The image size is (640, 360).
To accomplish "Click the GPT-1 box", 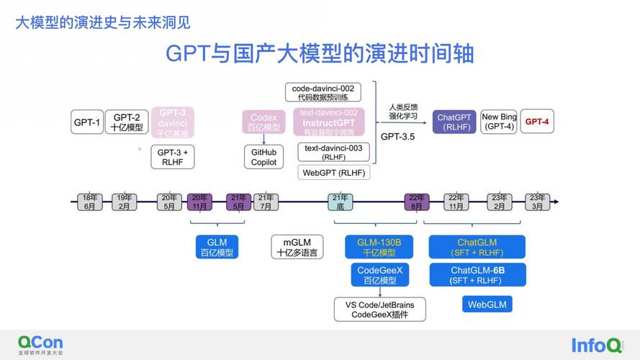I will tap(87, 122).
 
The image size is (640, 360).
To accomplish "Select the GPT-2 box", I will tap(125, 122).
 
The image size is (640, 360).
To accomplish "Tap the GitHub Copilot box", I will tap(263, 157).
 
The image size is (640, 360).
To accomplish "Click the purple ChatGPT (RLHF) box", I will tap(454, 122).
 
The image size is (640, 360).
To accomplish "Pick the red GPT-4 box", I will tap(536, 122).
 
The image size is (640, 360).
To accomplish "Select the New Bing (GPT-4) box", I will tap(499, 122).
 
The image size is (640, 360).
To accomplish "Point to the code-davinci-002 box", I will tap(323, 92).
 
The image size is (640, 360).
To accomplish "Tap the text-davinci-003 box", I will tap(333, 152).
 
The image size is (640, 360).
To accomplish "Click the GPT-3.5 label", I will tap(397, 136).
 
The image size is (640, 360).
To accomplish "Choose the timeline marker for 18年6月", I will tap(90, 202).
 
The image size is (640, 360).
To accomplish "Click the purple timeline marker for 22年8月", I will tap(417, 202).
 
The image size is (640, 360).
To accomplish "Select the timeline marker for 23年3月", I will tap(537, 202).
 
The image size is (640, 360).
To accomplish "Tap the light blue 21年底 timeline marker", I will tap(341, 202).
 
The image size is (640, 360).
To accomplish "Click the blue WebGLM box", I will tap(487, 305).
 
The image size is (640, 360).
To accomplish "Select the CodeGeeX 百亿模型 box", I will tap(379, 275).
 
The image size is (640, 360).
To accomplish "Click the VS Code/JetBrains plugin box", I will tap(379, 310).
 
